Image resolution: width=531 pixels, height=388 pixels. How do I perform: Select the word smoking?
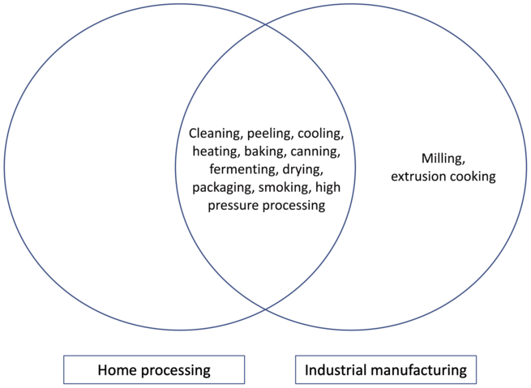(285, 188)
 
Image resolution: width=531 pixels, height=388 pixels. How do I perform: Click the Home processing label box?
(154, 370)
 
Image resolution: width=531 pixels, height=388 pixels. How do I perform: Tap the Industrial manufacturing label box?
(385, 370)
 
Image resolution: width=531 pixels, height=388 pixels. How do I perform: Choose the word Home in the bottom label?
(116, 370)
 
